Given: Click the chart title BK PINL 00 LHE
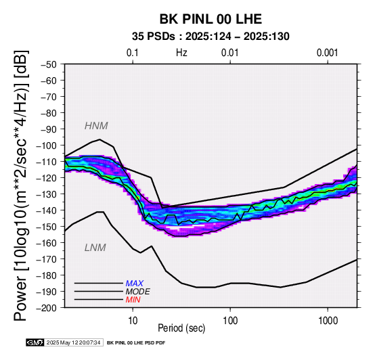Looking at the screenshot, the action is click(211, 19).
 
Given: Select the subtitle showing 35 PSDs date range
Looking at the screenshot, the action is click(211, 37).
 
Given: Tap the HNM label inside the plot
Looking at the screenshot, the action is click(96, 126).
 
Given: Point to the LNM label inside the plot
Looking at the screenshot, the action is click(95, 248).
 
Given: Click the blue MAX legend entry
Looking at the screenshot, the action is click(135, 284).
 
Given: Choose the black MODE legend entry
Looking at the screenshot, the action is click(138, 292).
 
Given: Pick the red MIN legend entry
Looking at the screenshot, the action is click(133, 300).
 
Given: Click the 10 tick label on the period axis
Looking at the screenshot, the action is click(133, 321).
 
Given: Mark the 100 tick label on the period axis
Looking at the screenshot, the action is click(230, 321).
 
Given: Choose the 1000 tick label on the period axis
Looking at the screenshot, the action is click(328, 321).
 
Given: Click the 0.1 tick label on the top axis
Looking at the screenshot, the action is click(133, 53).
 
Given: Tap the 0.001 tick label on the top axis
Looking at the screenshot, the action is click(328, 53).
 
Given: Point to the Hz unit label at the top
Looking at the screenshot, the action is click(181, 53).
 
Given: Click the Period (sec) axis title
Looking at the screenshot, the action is click(181, 328).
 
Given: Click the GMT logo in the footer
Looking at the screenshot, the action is click(35, 342).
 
